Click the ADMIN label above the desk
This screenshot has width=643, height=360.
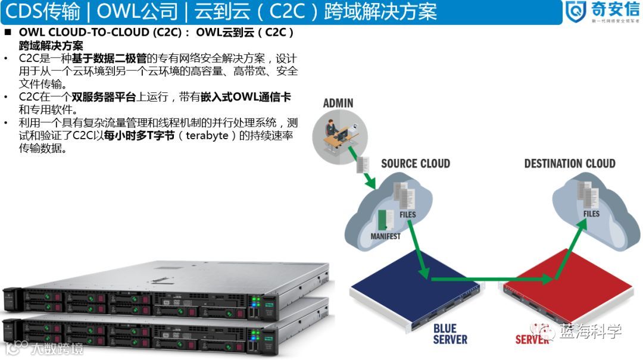tap(338, 103)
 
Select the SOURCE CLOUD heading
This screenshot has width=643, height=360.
tap(415, 164)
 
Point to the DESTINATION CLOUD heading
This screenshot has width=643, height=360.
tap(570, 164)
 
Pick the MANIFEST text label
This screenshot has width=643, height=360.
tap(386, 236)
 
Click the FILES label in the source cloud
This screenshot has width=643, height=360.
tap(408, 215)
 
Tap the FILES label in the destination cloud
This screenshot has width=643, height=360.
tap(591, 214)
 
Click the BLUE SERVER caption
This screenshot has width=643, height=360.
tap(450, 334)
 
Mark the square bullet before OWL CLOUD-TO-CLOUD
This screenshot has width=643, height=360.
tap(8, 32)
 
